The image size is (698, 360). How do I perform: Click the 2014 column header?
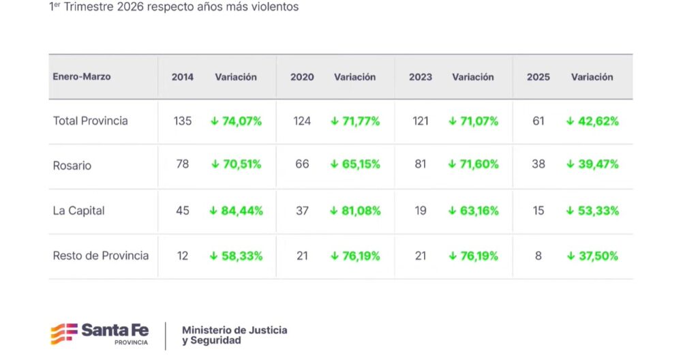[182, 77]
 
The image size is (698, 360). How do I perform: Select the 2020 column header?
[302, 77]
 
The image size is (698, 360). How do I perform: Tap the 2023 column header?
[421, 77]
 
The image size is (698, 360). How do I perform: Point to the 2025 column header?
[538, 77]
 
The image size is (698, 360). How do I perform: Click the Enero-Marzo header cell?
[82, 76]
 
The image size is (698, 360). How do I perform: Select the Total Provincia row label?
[91, 121]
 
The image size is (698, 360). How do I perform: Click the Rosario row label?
[72, 165]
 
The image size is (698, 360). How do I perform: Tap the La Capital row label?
[79, 211]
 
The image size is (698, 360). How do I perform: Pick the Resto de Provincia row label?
[101, 256]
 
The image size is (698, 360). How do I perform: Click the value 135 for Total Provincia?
[183, 121]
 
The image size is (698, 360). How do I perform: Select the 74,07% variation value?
[236, 121]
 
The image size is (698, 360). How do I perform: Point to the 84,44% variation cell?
[236, 211]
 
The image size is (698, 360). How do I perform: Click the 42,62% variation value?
[592, 121]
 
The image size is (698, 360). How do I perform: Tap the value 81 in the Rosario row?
[421, 164]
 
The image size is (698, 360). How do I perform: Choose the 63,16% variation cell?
[473, 211]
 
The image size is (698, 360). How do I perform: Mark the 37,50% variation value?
[592, 256]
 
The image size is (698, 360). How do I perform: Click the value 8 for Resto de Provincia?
[538, 256]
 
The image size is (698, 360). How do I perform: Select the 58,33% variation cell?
[236, 256]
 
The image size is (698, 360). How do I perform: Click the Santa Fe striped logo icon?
[64, 333]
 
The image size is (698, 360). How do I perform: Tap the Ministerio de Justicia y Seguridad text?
[234, 335]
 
